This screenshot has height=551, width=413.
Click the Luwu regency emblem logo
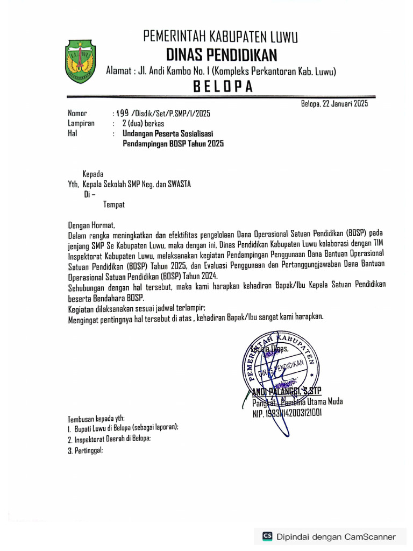tap(81, 60)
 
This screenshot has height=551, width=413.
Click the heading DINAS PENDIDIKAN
tap(221, 54)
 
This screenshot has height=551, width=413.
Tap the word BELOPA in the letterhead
tap(222, 87)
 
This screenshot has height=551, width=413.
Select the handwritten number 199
tap(123, 113)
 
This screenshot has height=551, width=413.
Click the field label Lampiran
tap(81, 123)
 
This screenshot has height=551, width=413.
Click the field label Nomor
tap(77, 114)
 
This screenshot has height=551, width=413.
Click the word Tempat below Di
tap(114, 204)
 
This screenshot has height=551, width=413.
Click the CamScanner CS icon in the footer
tap(267, 536)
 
